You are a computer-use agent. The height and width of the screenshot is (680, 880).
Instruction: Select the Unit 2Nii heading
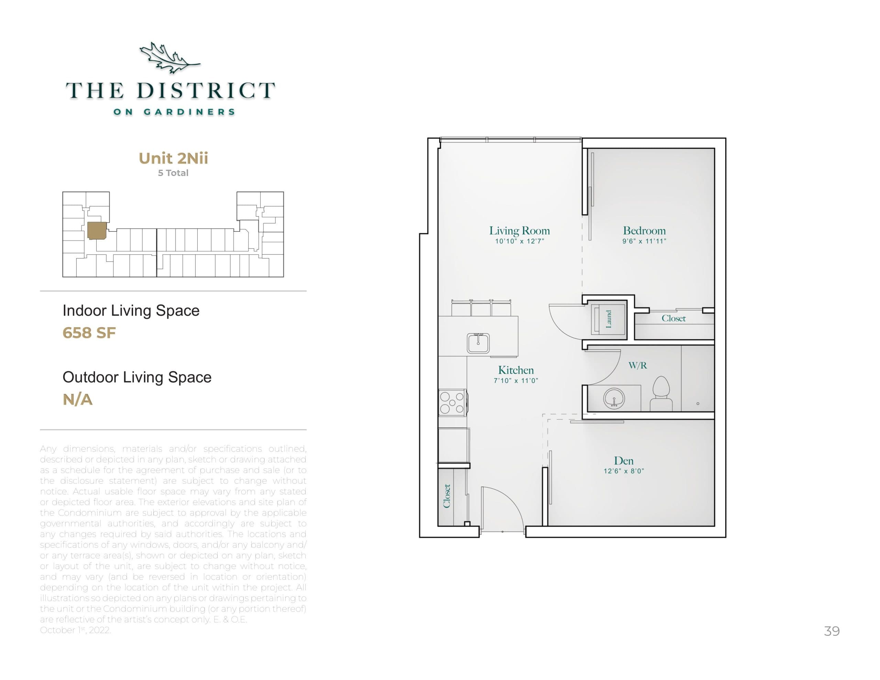173,158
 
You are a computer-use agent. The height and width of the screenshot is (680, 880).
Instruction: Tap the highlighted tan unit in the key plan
97,231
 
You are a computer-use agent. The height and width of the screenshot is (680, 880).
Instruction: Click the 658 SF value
89,333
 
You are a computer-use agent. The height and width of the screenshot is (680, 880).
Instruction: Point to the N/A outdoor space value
77,400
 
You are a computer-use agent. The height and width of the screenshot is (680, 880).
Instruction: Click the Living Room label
519,231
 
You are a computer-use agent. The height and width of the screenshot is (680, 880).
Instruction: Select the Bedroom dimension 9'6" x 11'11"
644,241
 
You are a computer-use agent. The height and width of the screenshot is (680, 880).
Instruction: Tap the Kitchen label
516,370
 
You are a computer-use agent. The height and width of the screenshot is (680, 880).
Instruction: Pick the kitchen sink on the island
478,343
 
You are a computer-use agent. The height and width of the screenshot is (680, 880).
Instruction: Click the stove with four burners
452,402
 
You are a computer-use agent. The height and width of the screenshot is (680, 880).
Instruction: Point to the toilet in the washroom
661,393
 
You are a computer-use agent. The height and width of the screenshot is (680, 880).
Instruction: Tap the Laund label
609,319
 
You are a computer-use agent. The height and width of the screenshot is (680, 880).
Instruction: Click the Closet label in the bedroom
673,318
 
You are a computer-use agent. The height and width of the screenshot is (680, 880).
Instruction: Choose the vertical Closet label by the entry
447,496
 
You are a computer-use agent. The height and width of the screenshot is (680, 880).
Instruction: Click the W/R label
637,365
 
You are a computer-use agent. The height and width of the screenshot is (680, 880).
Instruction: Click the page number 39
832,631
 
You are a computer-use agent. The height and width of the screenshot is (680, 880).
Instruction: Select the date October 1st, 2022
75,630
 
